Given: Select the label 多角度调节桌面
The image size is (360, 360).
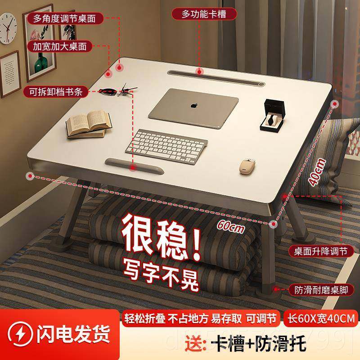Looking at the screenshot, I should pos(65,19).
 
